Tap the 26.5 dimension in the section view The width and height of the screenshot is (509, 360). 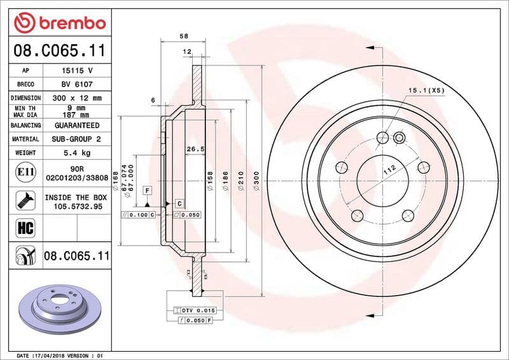coord(194,149)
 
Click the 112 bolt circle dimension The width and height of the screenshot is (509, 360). coord(389,169)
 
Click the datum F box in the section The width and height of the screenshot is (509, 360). coord(147,190)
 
